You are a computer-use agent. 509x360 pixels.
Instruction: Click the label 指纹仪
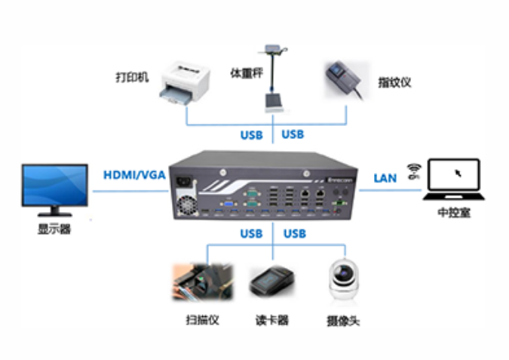pos(394,82)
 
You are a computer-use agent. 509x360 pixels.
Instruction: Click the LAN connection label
pos(385,178)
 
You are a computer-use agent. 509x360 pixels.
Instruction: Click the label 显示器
pos(54,229)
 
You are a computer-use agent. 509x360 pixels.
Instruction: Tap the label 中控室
pos(454,213)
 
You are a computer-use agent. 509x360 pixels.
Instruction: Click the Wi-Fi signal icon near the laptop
pos(412,171)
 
